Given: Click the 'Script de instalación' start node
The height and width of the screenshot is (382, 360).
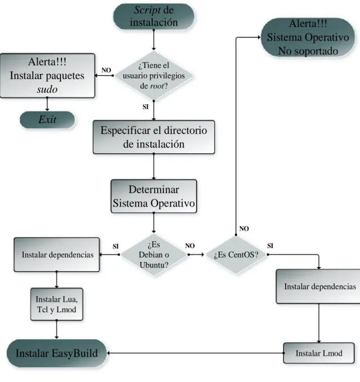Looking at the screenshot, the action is (154, 16).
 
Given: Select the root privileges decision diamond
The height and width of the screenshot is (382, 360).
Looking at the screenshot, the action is (154, 75).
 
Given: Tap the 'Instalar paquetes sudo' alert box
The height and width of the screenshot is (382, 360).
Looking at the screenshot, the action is (47, 75).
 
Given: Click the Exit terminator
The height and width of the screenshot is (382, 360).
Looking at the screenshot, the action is (47, 119).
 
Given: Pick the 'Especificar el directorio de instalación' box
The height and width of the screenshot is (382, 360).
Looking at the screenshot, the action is (154, 137).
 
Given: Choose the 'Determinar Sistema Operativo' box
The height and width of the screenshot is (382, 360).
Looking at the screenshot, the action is (154, 196).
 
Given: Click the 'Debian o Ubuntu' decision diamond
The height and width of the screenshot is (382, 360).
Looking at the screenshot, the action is (154, 255).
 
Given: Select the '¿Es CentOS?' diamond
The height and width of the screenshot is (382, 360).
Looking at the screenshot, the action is (236, 255).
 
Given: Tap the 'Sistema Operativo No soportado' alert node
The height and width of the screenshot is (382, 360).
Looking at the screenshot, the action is (308, 37).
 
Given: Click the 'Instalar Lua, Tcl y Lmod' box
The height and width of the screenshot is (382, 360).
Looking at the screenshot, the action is (57, 304).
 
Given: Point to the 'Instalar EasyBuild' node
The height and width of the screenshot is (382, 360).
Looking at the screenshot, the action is (57, 353).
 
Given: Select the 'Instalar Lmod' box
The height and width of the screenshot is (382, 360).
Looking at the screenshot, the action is (319, 353).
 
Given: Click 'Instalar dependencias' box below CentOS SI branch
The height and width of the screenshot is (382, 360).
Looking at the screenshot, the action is (319, 286).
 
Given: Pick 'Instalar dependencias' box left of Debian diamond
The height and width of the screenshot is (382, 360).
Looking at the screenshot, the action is (57, 255).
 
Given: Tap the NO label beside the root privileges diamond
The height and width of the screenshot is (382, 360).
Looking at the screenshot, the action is (106, 70).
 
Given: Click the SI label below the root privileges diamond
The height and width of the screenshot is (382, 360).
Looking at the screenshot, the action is (145, 106).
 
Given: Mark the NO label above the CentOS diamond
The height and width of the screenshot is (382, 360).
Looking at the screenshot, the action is (244, 229).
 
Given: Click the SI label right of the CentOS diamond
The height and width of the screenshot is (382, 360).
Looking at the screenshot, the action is (270, 246).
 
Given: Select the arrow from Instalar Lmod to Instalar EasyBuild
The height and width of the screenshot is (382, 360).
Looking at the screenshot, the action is (195, 353).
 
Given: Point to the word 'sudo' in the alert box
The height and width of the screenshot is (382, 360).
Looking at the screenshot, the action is (47, 90).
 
